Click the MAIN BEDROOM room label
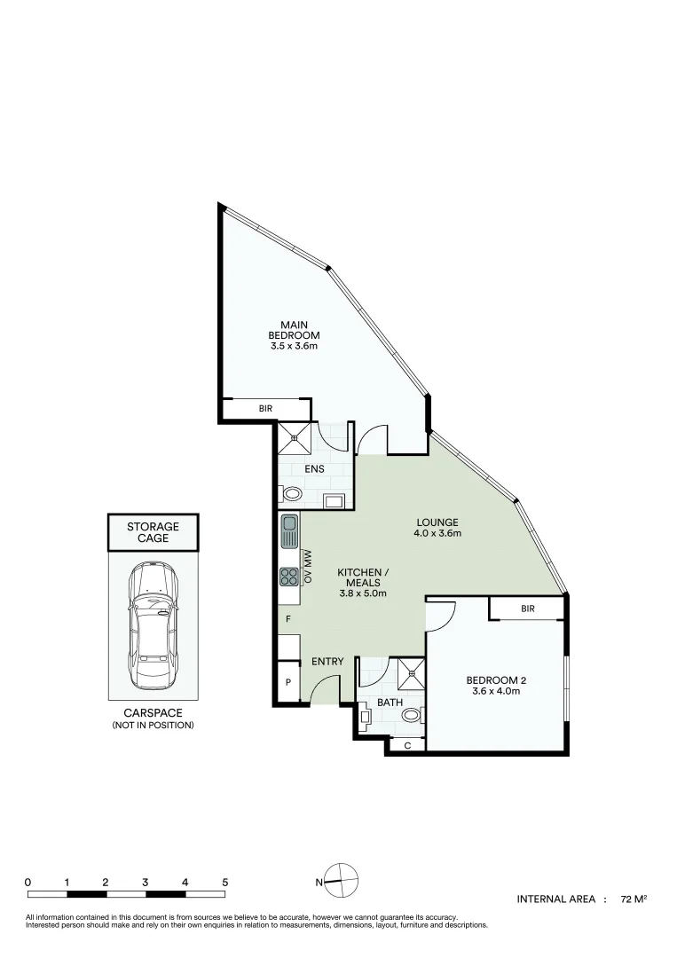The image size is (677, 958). (x=294, y=334)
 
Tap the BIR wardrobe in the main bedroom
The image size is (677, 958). (x=265, y=409)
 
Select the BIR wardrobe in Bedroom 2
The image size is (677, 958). (x=527, y=609)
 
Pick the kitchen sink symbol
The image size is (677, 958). (x=289, y=534)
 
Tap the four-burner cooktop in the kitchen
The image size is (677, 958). (x=289, y=577)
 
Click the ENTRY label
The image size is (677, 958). (x=327, y=662)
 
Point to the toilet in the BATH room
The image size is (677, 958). (x=410, y=715)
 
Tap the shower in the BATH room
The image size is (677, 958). (x=411, y=672)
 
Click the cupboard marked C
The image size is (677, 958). (x=407, y=745)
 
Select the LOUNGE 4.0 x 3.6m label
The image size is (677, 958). (x=437, y=528)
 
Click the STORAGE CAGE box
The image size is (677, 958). (x=153, y=532)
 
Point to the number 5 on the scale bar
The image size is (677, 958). (x=225, y=883)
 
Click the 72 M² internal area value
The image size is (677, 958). (x=634, y=899)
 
